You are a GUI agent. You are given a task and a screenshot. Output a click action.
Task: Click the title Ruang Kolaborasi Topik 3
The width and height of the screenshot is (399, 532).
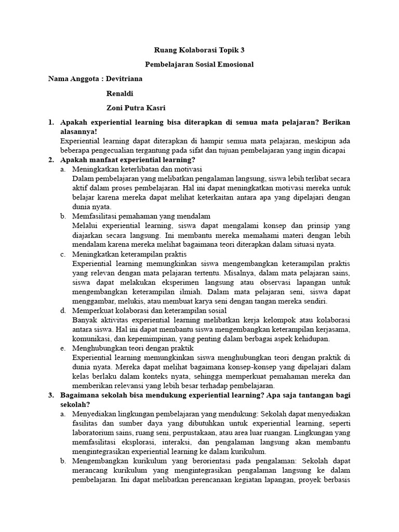coord(199,50)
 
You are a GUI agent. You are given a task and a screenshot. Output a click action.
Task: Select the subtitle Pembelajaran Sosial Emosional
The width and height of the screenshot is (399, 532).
coord(199,65)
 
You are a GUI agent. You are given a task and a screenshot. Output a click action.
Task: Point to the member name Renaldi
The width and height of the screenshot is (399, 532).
coord(121,94)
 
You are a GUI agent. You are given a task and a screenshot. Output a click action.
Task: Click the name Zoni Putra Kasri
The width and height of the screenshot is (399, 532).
coord(136,108)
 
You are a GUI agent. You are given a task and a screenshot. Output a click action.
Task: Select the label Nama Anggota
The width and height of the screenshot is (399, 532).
coord(72,79)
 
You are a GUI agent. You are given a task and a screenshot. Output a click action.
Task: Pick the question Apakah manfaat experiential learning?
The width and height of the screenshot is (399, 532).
coord(128,159)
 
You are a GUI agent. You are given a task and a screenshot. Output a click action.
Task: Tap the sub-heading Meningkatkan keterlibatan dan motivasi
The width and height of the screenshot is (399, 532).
coord(137,169)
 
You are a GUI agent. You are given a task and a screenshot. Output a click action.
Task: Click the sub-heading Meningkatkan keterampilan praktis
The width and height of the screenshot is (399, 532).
coord(129,254)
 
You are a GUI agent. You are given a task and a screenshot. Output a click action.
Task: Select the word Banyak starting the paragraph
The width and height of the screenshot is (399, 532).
coord(84,320)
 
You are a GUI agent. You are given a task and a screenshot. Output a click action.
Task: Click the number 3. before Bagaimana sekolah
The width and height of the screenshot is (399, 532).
coord(51,395)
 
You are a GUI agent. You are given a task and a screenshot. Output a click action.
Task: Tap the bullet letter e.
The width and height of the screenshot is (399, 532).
coord(62,348)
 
